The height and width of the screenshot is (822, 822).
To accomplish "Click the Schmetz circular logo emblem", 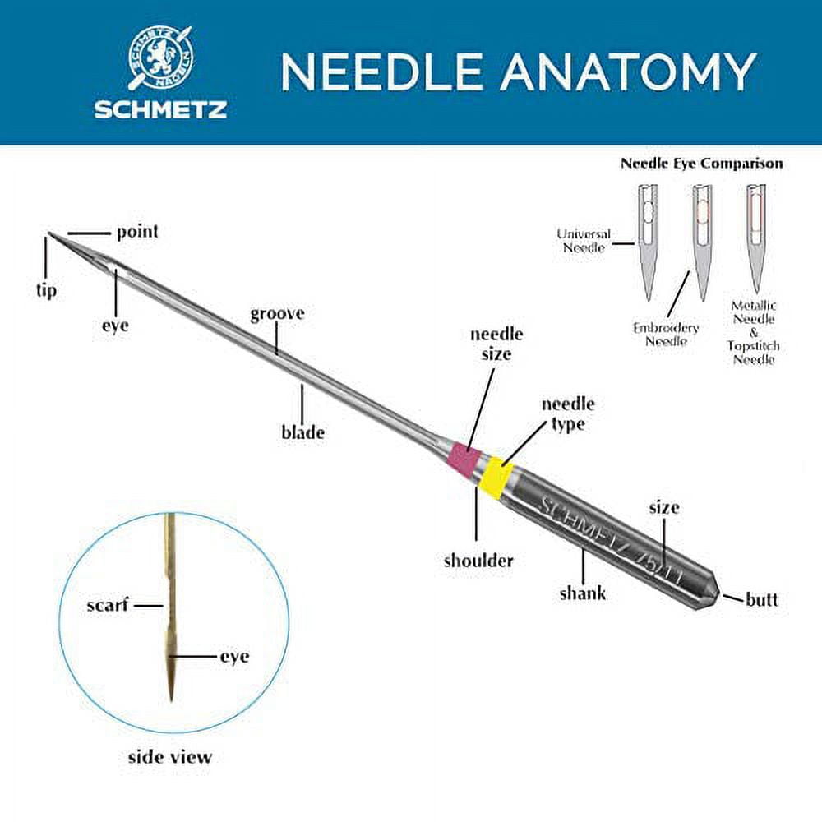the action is pyautogui.click(x=160, y=58).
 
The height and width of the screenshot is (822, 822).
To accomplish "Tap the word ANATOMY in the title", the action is pyautogui.click(x=629, y=72).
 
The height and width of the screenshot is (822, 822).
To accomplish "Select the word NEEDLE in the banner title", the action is pyautogui.click(x=381, y=72).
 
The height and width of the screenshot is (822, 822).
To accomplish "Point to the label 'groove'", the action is pyautogui.click(x=277, y=313).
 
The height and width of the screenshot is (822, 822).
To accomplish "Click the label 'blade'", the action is pyautogui.click(x=303, y=432).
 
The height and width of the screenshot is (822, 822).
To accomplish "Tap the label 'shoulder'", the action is pyautogui.click(x=478, y=561).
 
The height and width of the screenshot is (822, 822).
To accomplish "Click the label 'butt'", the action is pyautogui.click(x=762, y=599).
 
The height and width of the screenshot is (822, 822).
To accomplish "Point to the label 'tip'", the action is pyautogui.click(x=46, y=290).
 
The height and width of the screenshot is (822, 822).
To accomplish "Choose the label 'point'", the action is pyautogui.click(x=137, y=232).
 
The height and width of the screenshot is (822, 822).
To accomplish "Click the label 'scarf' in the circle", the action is pyautogui.click(x=108, y=605).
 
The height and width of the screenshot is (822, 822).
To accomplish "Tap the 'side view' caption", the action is pyautogui.click(x=170, y=756).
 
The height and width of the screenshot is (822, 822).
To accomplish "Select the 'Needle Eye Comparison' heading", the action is pyautogui.click(x=701, y=163).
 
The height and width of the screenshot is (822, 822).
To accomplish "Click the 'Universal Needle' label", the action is pyautogui.click(x=584, y=241).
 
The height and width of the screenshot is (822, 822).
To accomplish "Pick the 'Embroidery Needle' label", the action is pyautogui.click(x=666, y=335).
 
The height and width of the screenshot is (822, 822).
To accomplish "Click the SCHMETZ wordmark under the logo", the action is pyautogui.click(x=160, y=109).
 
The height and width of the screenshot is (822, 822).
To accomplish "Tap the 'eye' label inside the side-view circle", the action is pyautogui.click(x=234, y=656).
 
